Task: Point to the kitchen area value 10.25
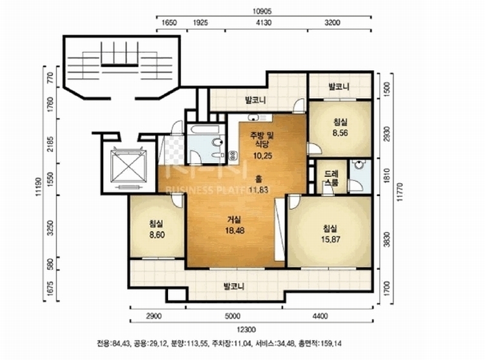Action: [263, 155]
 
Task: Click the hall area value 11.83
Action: [258, 189]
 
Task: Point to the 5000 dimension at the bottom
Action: [233, 316]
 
